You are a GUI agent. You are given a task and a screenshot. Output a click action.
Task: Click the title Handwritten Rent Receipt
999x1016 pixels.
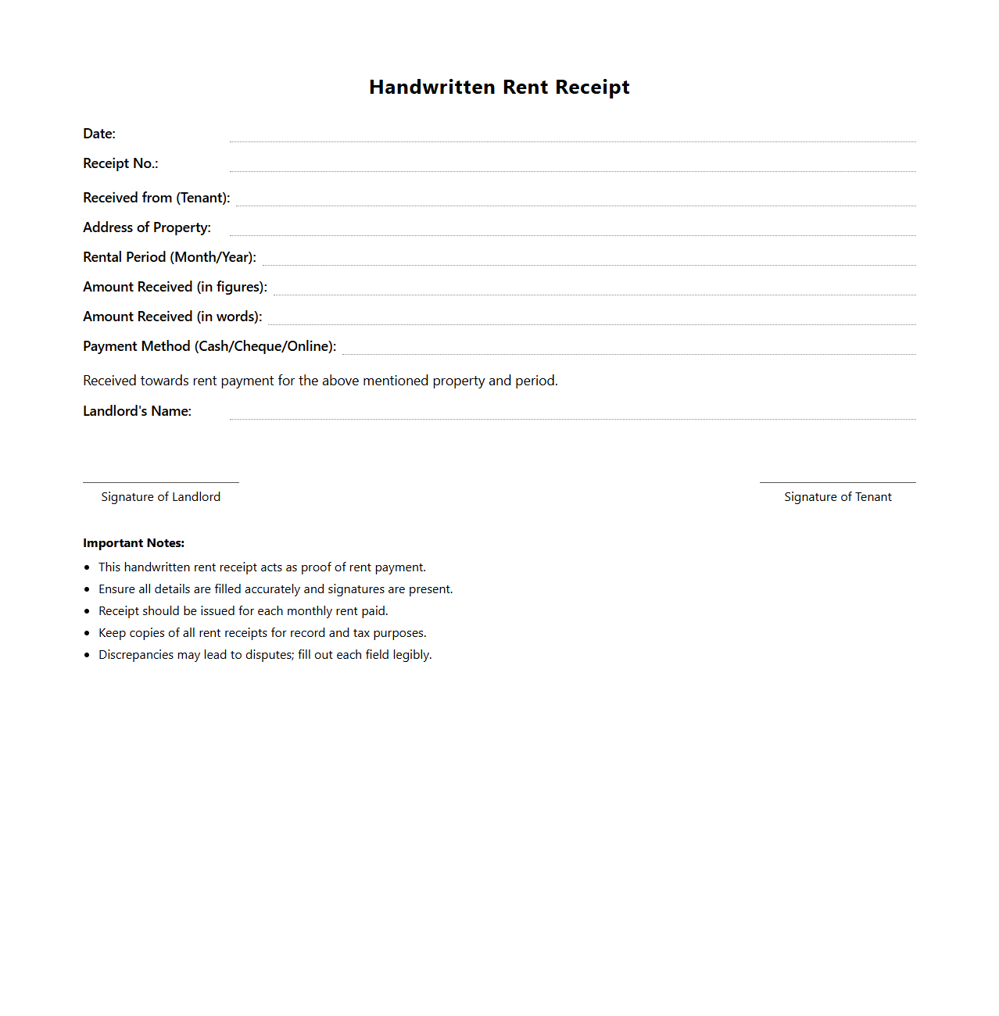pyautogui.click(x=499, y=87)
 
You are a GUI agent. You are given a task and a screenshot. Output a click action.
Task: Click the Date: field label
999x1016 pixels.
pyautogui.click(x=99, y=134)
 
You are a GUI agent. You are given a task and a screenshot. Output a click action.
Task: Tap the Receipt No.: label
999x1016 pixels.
pyautogui.click(x=120, y=163)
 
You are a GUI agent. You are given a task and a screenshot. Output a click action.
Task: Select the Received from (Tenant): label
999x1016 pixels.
pyautogui.click(x=156, y=198)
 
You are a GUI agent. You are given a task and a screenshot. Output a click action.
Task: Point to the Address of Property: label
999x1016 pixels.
pyautogui.click(x=147, y=227)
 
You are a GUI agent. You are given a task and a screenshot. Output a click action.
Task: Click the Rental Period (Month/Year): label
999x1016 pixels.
pyautogui.click(x=170, y=257)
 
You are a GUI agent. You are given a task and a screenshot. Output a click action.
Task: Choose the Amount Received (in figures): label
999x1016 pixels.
pyautogui.click(x=175, y=287)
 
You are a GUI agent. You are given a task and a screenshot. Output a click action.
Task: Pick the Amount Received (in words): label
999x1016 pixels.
pyautogui.click(x=173, y=317)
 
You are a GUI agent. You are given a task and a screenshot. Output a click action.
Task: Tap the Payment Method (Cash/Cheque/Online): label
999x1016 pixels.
pyautogui.click(x=209, y=346)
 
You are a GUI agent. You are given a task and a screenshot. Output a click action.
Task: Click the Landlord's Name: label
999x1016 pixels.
pyautogui.click(x=138, y=411)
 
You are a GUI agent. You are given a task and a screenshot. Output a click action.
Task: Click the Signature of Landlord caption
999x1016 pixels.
pyautogui.click(x=161, y=497)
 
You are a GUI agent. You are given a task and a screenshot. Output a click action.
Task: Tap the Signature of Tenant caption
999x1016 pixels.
pyautogui.click(x=837, y=497)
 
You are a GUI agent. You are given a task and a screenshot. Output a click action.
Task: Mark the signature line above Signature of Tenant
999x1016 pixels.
pyautogui.click(x=837, y=482)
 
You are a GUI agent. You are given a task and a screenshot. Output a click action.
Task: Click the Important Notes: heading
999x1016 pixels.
pyautogui.click(x=134, y=543)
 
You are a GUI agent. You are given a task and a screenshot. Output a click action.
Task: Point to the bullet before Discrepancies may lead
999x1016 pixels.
pyautogui.click(x=87, y=655)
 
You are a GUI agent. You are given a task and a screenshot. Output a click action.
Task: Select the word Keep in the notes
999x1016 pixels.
pyautogui.click(x=112, y=633)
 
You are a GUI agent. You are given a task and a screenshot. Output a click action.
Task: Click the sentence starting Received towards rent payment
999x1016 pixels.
pyautogui.click(x=320, y=381)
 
